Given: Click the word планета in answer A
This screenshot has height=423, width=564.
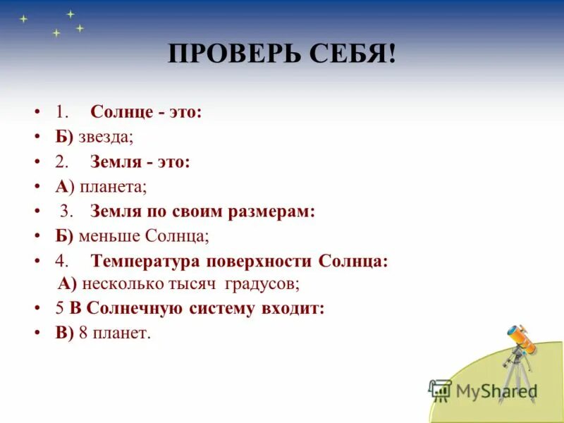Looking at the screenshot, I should [113, 187].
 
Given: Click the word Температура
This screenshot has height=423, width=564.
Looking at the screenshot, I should [145, 261].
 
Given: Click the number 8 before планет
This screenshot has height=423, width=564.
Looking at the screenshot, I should [82, 333].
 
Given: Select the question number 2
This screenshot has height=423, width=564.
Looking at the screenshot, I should [61, 162].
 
